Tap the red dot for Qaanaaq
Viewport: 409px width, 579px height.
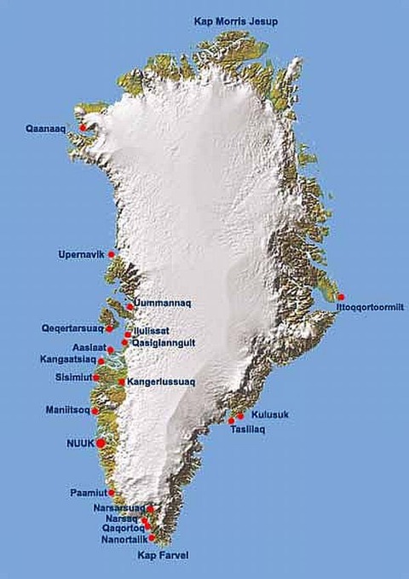coord(83,128)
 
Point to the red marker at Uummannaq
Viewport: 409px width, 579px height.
coord(130,306)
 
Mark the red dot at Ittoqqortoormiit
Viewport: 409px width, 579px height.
coord(341,297)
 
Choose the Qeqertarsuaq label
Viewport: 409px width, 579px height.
coord(72,327)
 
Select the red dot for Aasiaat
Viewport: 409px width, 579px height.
coord(111,350)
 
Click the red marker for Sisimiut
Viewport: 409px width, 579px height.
coord(96,377)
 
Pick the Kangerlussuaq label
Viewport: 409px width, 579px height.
coord(162,382)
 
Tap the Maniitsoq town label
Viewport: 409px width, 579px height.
coord(67,410)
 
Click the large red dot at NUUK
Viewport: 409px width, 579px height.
coord(101,443)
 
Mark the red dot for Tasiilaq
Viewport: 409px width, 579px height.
coord(231,421)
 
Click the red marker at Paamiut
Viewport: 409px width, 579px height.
coord(112,492)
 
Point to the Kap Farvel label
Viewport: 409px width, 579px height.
coord(161,555)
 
